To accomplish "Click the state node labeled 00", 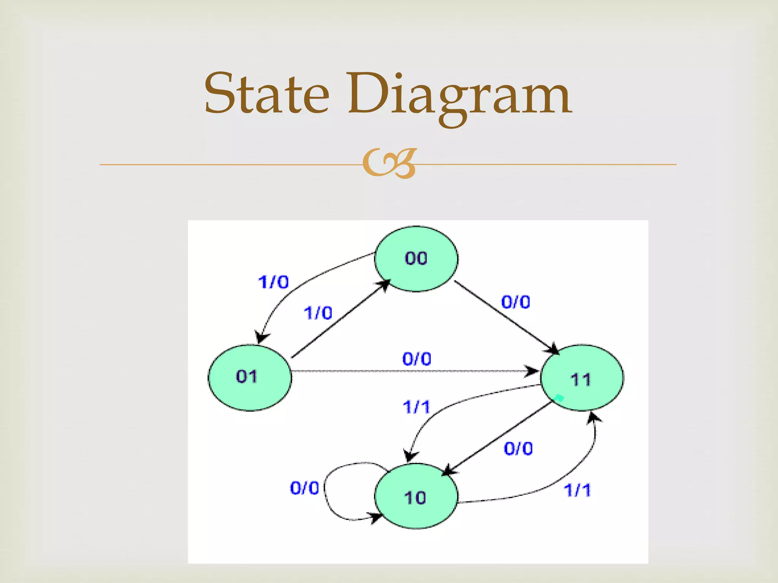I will click(x=416, y=259).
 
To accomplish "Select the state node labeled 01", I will click(x=250, y=377).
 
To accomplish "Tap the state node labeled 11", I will click(x=582, y=378).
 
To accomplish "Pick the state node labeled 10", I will click(x=416, y=496).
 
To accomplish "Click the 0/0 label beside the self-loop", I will click(x=304, y=488).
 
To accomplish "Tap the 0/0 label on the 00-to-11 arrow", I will click(x=516, y=303).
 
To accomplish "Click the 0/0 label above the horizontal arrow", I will click(x=417, y=359).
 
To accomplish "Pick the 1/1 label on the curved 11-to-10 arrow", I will click(x=416, y=407).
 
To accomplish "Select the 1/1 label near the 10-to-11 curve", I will click(x=577, y=490).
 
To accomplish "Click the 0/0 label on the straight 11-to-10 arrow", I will click(x=518, y=449).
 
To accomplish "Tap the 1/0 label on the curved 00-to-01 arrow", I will click(x=274, y=282).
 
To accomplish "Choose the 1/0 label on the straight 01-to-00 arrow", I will click(x=318, y=314).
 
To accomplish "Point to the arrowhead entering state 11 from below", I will click(x=593, y=418).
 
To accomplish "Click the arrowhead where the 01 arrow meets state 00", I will click(x=384, y=285).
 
